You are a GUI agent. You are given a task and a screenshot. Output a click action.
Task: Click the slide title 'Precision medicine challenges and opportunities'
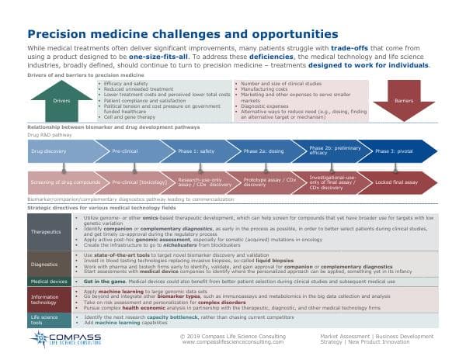point(172,34)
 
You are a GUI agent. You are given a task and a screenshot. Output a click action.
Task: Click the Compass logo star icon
point(41,339)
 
